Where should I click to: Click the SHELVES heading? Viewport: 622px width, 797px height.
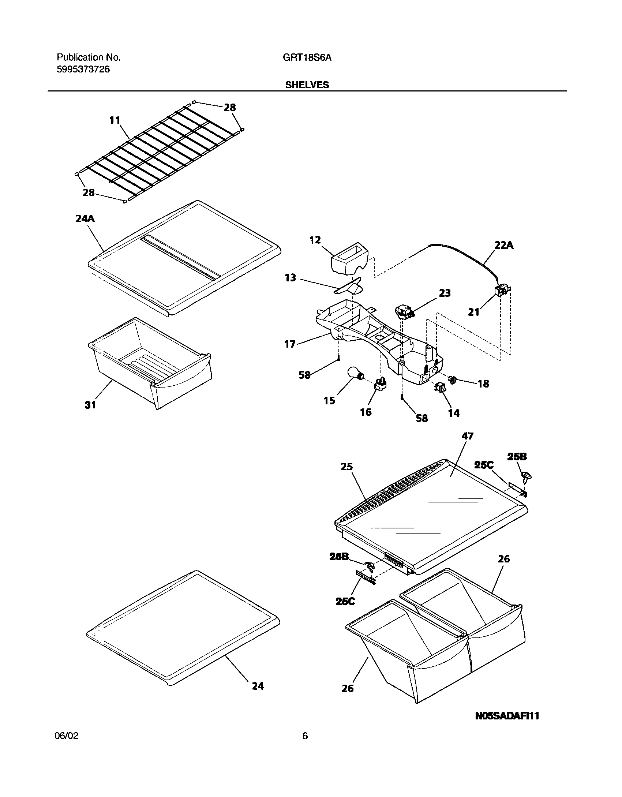coord(307,85)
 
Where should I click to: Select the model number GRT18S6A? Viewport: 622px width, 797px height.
coord(307,57)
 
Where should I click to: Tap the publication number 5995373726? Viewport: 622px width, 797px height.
coord(83,69)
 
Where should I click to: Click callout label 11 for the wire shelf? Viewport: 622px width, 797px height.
coord(115,120)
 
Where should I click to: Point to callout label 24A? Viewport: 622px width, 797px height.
coord(85,219)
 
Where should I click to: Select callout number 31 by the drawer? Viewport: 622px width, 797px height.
coord(90,405)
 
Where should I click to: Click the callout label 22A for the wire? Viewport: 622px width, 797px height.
coord(504,246)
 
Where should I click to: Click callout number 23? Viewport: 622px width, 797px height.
coord(445,293)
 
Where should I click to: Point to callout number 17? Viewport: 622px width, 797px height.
coord(290,344)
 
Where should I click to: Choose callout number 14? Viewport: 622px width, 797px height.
coord(454,413)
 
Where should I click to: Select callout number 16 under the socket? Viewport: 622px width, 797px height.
coord(366,412)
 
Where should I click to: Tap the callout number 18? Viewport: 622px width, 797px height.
coord(483,383)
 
